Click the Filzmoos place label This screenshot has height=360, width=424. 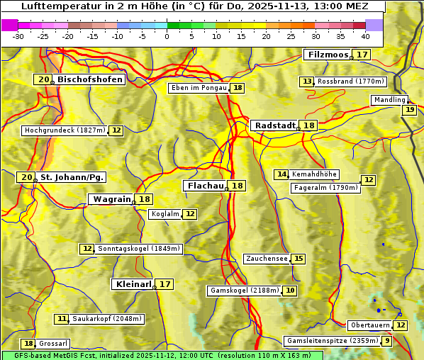[x=327, y=55]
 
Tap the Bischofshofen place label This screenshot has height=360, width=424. [x=90, y=80]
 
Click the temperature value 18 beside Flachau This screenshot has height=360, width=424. [x=237, y=186]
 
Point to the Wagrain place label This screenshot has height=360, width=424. [x=112, y=199]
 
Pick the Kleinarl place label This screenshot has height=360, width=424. [x=133, y=284]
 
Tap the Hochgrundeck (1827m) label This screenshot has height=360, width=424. [x=65, y=130]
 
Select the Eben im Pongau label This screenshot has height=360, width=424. [x=199, y=88]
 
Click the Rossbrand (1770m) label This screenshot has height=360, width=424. [x=350, y=81]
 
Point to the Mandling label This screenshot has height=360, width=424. [x=389, y=100]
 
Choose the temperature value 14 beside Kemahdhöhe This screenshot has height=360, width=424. [x=281, y=174]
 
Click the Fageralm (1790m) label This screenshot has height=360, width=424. [x=325, y=188]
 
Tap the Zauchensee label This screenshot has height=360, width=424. [x=267, y=259]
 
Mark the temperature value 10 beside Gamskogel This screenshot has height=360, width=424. [x=290, y=291]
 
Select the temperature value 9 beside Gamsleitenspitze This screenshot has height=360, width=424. [x=386, y=341]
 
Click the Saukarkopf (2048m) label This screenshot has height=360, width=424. [x=107, y=319]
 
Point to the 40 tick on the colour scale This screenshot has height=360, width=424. [x=365, y=36]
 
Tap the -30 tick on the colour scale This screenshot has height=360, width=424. [x=18, y=36]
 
